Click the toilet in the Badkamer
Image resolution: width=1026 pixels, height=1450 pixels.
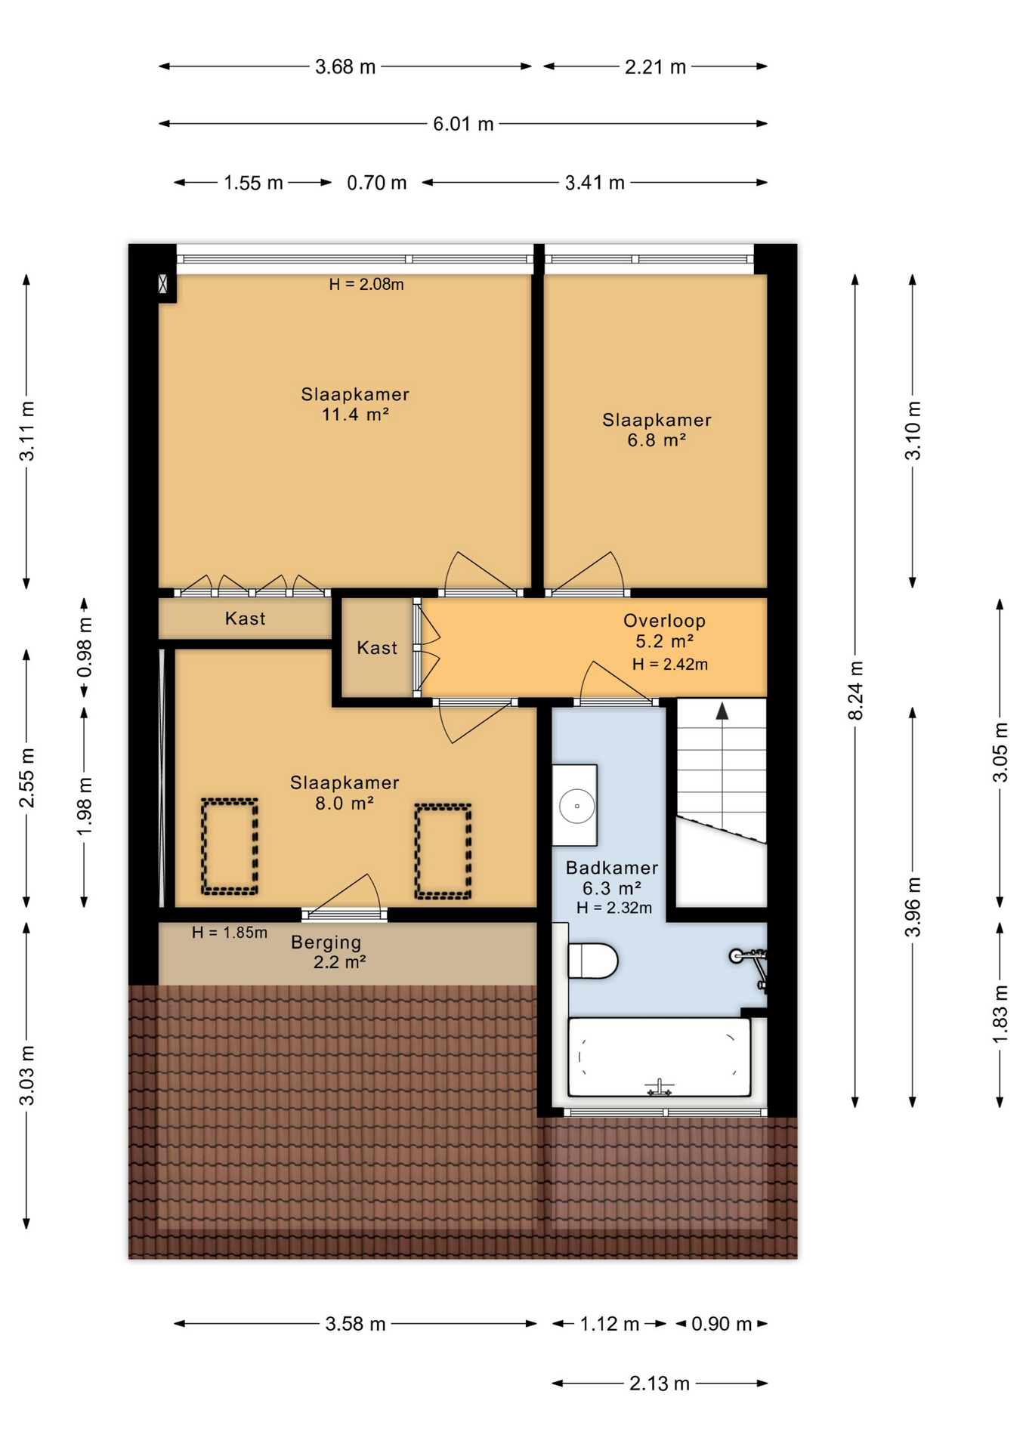click(x=593, y=961)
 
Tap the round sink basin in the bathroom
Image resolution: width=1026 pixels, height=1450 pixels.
click(x=576, y=806)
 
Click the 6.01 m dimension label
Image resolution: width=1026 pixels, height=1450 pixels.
click(x=463, y=124)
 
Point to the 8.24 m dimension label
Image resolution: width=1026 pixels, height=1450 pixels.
click(x=855, y=690)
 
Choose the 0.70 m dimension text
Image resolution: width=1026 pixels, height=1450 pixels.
click(x=377, y=183)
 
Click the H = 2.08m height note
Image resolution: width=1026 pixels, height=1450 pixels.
click(x=366, y=285)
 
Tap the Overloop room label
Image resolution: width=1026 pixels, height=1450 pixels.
click(x=664, y=621)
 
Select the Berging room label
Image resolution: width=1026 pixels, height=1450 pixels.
click(x=326, y=942)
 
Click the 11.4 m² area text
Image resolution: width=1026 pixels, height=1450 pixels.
click(x=355, y=414)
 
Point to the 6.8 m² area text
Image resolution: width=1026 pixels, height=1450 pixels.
click(x=657, y=440)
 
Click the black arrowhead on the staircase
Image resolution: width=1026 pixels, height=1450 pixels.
click(x=722, y=711)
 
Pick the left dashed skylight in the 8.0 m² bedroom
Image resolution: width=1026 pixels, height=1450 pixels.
click(x=230, y=847)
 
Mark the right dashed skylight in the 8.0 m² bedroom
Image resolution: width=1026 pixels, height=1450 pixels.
click(x=443, y=851)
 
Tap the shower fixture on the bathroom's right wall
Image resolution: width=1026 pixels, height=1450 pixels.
click(x=750, y=967)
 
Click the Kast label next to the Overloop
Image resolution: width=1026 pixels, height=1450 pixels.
click(x=377, y=648)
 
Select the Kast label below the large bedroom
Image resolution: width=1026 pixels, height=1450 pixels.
click(x=246, y=619)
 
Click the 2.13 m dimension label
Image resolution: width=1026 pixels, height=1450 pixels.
click(x=660, y=1384)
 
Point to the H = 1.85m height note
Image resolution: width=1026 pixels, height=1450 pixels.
click(x=230, y=933)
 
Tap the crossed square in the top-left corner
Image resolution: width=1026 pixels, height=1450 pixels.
click(x=162, y=284)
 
